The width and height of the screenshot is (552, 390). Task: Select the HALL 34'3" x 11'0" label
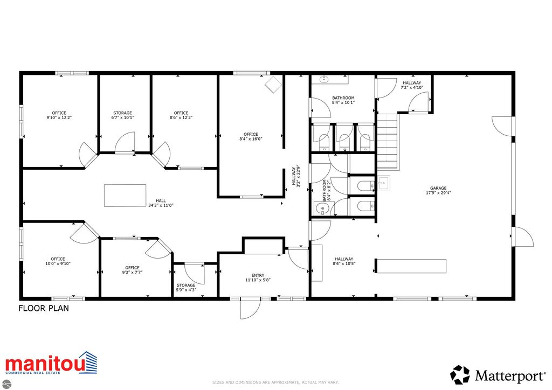click(161, 202)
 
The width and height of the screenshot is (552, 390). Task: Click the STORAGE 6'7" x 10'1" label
click(122, 115)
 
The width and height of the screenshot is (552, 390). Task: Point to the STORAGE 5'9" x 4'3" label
click(186, 287)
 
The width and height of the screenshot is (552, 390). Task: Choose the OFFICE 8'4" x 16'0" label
click(251, 136)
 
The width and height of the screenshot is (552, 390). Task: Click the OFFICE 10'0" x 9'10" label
click(58, 261)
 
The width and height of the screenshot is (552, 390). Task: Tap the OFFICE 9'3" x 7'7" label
click(132, 270)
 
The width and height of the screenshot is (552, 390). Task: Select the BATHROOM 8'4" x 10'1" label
click(343, 100)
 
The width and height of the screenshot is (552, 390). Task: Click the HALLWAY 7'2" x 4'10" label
click(412, 85)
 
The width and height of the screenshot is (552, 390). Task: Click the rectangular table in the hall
click(125, 195)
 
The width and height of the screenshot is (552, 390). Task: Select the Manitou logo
click(51, 364)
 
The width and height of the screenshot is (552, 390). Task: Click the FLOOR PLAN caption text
click(44, 309)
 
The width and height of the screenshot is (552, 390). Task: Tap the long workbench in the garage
click(411, 266)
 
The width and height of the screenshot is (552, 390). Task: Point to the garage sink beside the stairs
click(384, 184)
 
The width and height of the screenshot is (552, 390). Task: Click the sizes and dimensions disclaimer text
click(275, 382)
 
